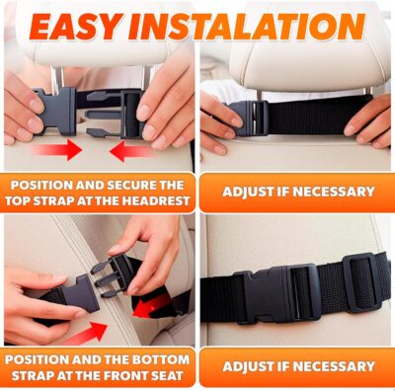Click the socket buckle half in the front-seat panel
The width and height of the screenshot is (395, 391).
point(57,296)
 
